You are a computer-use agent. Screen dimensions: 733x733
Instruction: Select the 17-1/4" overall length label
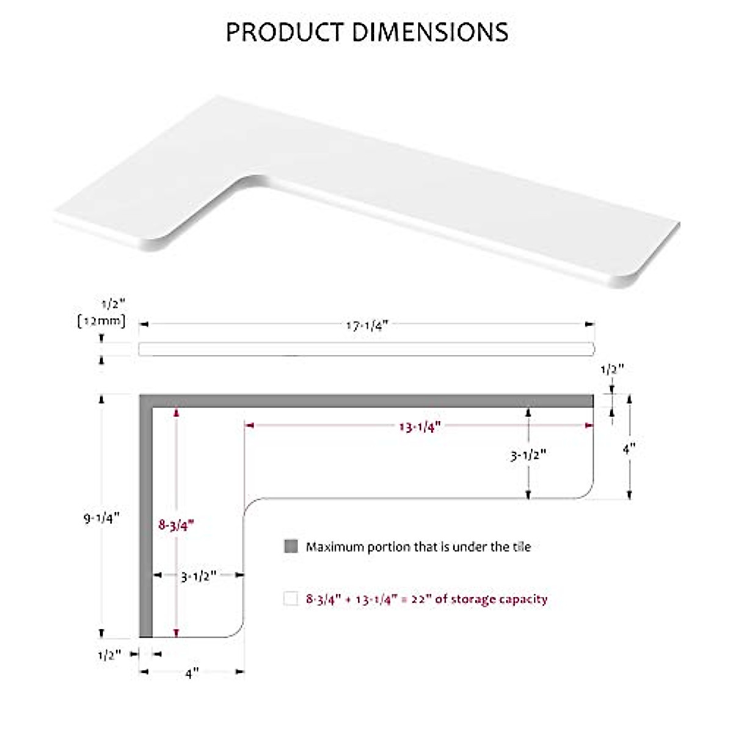point(367,326)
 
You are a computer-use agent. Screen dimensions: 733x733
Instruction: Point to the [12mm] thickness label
point(101,321)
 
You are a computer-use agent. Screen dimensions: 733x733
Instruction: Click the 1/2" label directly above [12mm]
point(112,304)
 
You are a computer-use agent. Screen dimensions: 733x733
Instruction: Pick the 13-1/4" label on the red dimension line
point(420,427)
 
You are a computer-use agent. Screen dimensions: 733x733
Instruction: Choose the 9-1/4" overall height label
point(101,518)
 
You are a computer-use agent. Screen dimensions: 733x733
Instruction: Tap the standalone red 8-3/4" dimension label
point(177,525)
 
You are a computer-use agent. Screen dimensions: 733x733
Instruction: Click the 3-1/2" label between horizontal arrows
point(199,576)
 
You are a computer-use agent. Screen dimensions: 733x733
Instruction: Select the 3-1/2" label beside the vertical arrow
point(528,455)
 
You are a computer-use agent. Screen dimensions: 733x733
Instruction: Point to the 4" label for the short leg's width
point(192,673)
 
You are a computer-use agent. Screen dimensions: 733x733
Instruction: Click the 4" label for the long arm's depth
point(629,448)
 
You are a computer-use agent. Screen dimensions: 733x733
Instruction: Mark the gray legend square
point(291,546)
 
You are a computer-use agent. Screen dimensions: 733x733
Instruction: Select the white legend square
point(291,599)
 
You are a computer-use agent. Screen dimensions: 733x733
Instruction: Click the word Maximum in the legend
point(335,547)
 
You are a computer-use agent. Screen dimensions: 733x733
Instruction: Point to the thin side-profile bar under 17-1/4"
point(366,349)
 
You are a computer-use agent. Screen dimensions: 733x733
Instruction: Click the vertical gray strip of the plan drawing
point(145,519)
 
